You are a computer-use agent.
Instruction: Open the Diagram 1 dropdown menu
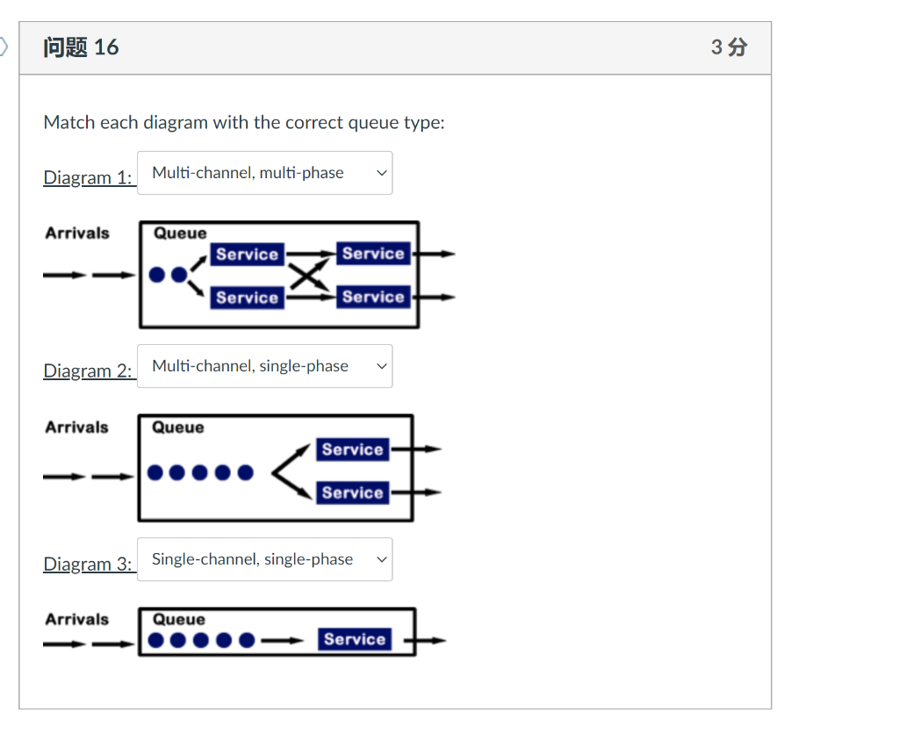pos(264,173)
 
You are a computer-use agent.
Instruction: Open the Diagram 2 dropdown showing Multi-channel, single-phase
pos(264,366)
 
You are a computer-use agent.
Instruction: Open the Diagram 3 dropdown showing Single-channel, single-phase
pos(264,559)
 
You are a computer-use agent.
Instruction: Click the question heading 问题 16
pos(81,47)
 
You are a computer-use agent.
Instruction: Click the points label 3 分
pos(729,47)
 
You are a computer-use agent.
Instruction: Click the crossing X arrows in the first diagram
pos(303,276)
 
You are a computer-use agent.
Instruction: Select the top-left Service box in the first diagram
pos(247,255)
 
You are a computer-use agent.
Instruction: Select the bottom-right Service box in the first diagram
pos(373,297)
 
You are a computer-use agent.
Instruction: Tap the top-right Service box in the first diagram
pos(373,254)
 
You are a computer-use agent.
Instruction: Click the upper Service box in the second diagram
pos(352,450)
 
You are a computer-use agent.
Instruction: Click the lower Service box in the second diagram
pos(352,493)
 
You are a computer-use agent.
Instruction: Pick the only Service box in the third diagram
pos(354,639)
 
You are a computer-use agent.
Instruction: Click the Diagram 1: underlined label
pos(88,178)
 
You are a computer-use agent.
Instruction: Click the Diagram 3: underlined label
pos(88,565)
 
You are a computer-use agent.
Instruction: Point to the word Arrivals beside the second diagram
pos(77,428)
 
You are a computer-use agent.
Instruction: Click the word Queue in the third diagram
pos(179,620)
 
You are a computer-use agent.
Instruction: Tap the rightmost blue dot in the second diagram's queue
pos(245,473)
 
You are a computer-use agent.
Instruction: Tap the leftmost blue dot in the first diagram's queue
pos(158,275)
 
